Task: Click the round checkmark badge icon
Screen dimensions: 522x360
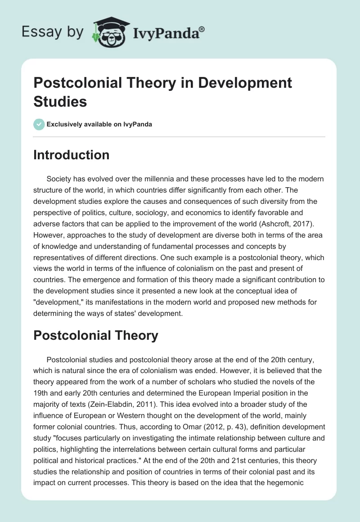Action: [x=40, y=124]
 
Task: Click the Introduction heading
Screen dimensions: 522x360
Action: [x=72, y=155]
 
